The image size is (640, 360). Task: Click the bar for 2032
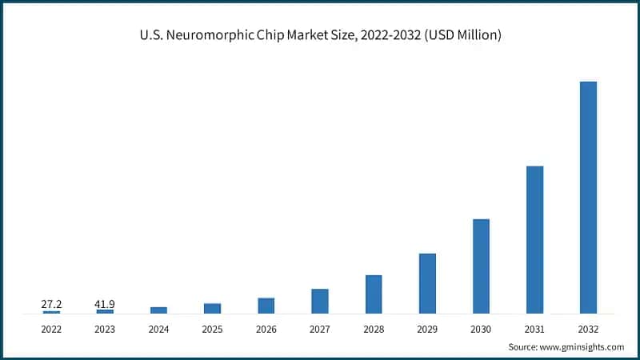(x=588, y=197)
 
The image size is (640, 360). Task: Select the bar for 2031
(x=534, y=239)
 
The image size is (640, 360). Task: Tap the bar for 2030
(x=481, y=266)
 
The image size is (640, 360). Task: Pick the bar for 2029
(x=427, y=283)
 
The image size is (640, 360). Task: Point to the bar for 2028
(x=374, y=294)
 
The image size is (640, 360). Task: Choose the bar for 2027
(x=320, y=301)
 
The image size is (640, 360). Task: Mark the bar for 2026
(x=266, y=305)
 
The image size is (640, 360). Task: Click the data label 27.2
(x=51, y=304)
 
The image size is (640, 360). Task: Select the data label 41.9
(x=105, y=304)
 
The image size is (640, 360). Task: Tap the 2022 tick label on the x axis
(x=51, y=329)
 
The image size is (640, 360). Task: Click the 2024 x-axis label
(x=158, y=329)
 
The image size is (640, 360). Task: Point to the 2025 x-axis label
(x=212, y=329)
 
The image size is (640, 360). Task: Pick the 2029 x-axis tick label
(x=427, y=329)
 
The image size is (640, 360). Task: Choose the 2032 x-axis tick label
(x=588, y=329)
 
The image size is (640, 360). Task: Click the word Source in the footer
(x=523, y=347)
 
